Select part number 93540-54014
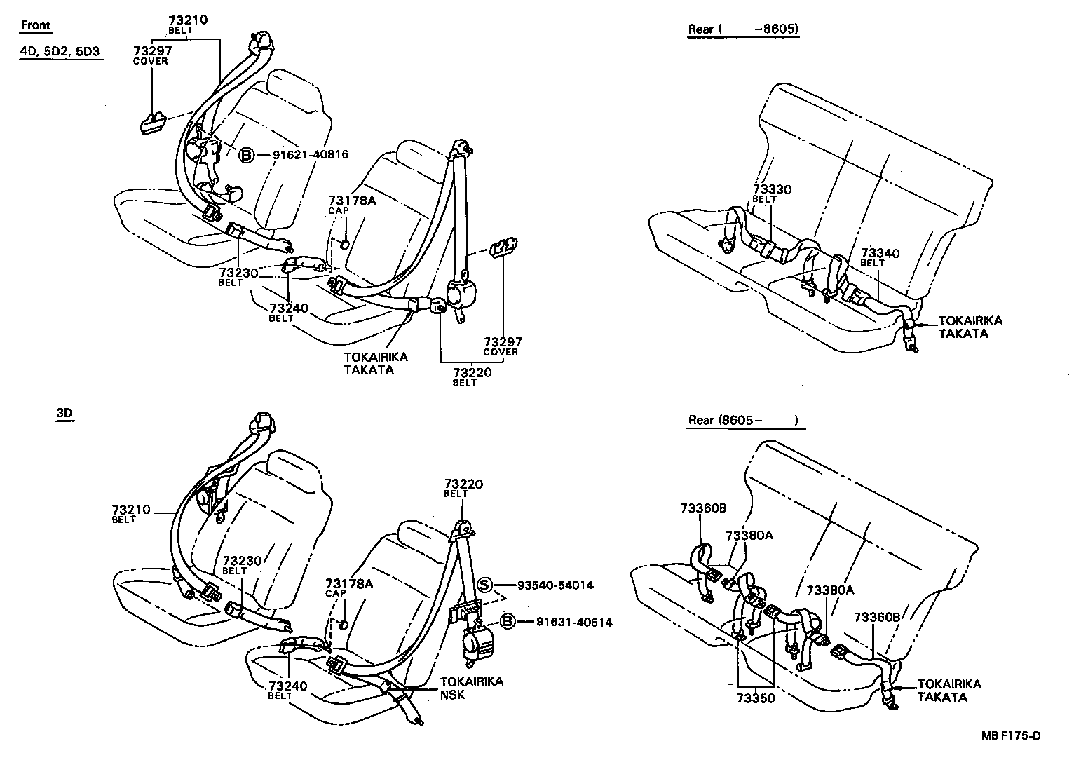[x=555, y=585]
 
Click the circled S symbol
[x=484, y=585]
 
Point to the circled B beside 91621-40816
[x=247, y=155]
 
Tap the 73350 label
[x=756, y=698]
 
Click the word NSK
[x=452, y=695]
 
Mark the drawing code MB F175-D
[x=1011, y=735]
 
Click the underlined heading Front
[x=36, y=26]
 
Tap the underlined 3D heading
[x=64, y=414]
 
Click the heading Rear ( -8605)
[x=743, y=29]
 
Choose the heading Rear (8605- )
[x=743, y=421]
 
